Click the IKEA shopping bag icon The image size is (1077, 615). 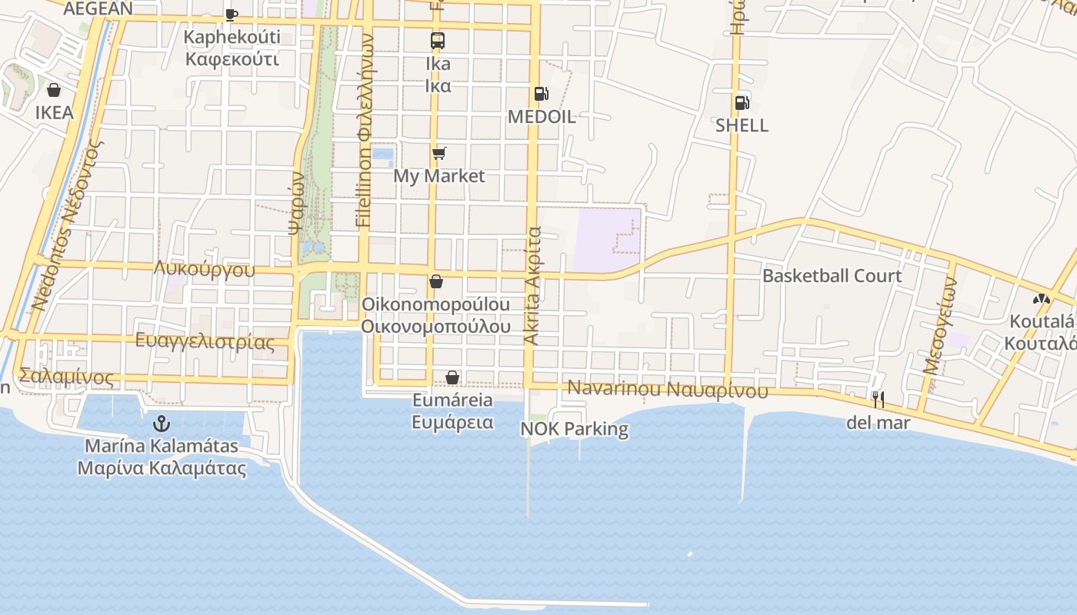54,91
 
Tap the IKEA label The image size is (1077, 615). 55,113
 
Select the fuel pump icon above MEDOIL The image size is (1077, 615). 542,94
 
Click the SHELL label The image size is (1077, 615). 742,125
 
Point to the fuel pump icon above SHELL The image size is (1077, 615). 742,102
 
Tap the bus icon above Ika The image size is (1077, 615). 437,41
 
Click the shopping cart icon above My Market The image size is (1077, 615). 438,154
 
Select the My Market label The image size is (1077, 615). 439,176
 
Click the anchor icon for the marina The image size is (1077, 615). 162,423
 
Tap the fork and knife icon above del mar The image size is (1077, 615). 878,399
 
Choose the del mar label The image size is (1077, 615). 878,422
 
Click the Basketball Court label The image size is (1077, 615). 832,276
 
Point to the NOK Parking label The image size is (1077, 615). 575,428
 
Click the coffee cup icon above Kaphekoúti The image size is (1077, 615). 232,14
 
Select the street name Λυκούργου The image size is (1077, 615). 204,269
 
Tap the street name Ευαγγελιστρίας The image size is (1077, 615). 205,341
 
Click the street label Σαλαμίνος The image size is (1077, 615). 66,377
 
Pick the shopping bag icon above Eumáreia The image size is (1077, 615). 452,377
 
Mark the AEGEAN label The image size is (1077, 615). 98,8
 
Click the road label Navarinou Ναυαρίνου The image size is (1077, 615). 668,389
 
